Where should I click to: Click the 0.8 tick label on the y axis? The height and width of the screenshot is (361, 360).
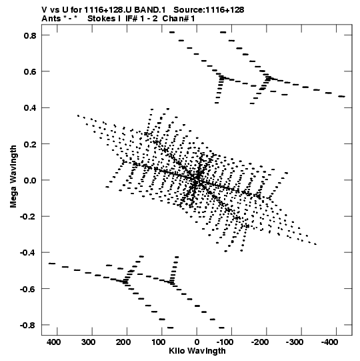coord(30,35)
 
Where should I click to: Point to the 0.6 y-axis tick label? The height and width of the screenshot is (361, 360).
coord(30,71)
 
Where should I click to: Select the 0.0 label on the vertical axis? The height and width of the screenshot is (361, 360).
coord(30,180)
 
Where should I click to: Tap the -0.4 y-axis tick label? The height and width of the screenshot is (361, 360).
coord(28,253)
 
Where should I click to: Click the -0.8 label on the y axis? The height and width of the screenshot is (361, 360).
coord(28,326)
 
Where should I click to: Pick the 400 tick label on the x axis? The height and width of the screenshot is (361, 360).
coord(53,342)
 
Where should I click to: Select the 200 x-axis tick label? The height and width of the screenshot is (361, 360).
coord(123,342)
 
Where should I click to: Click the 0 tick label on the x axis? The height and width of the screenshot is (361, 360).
coord(197,342)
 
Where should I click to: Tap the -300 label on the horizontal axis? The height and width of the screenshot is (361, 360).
coord(294,342)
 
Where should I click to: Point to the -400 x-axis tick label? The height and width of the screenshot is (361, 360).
coord(329,342)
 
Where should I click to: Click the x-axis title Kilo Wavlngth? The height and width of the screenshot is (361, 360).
coord(197,351)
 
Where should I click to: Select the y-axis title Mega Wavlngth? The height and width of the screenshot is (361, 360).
coord(13,177)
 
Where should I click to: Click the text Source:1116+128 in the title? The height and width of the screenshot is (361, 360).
coord(209,10)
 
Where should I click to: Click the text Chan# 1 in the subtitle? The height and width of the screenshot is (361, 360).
coord(179,19)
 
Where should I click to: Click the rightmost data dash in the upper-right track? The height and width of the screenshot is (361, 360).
coord(341,97)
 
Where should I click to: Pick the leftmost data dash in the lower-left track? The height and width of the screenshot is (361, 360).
coord(52,264)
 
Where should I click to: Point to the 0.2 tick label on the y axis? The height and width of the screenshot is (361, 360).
coord(30,144)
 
